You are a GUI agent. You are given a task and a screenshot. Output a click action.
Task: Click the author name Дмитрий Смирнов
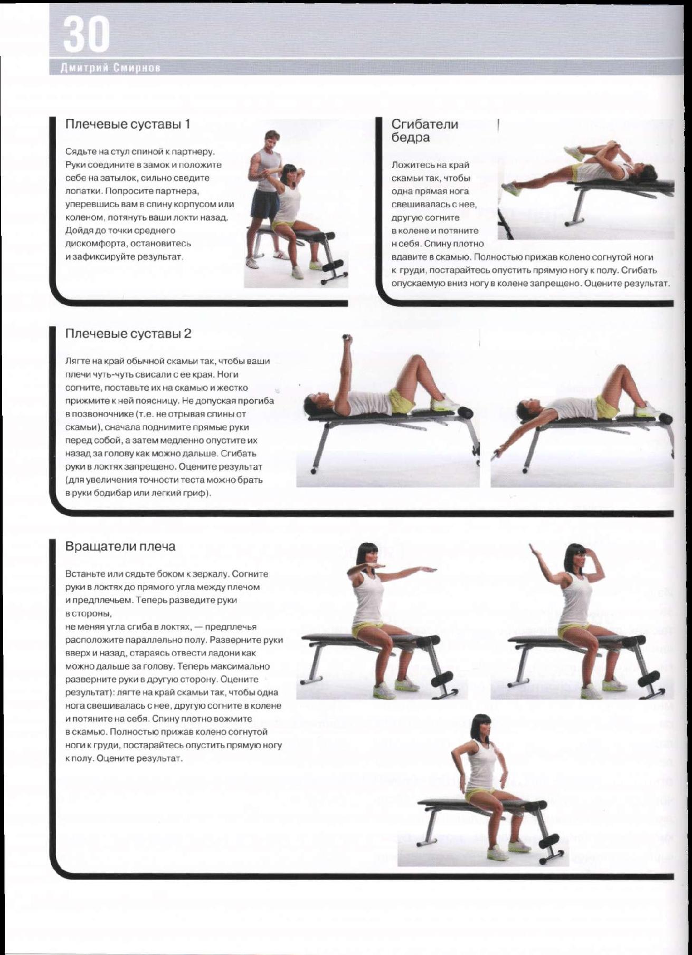[110, 69]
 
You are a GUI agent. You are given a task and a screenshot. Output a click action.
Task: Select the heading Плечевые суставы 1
[127, 124]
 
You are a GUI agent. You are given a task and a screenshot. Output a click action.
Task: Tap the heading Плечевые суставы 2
[128, 334]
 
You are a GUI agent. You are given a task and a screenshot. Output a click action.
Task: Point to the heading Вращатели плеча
[120, 547]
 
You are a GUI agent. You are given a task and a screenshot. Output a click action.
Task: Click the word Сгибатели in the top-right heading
[424, 124]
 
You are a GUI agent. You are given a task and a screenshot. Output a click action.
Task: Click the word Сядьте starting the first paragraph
[78, 152]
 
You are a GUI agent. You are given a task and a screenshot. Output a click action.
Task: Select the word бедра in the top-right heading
[411, 138]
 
